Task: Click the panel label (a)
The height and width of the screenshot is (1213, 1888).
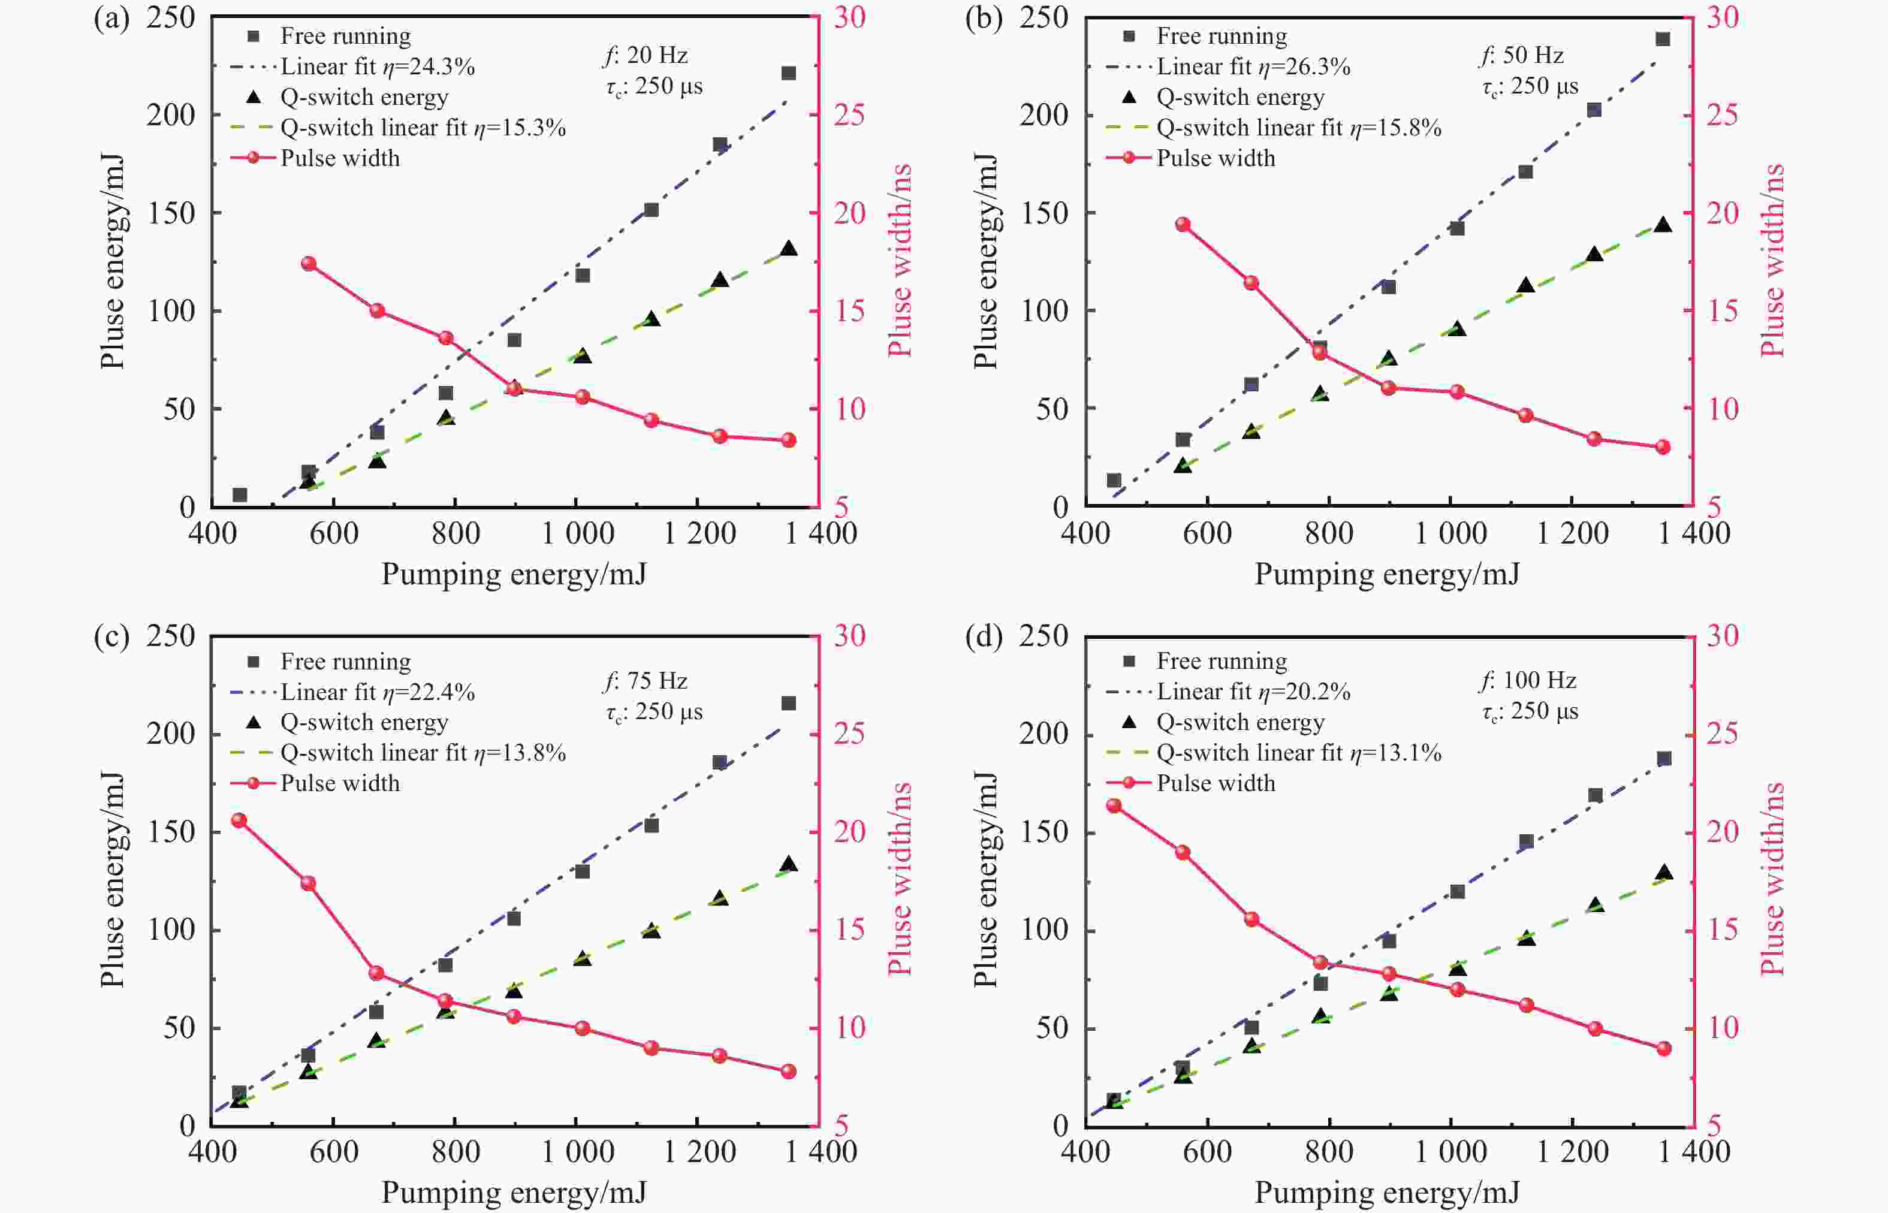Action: pyautogui.click(x=111, y=17)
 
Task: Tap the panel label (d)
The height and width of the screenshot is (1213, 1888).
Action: pyautogui.click(x=984, y=636)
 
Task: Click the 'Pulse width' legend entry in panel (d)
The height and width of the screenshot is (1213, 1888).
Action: pyautogui.click(x=1216, y=783)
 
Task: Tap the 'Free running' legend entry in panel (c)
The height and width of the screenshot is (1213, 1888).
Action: pyautogui.click(x=345, y=662)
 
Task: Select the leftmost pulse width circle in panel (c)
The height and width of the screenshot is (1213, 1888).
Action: pyautogui.click(x=239, y=820)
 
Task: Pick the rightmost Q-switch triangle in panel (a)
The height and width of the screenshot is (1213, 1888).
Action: pyautogui.click(x=788, y=249)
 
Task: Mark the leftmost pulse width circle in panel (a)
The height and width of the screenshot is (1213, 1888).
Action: pyautogui.click(x=309, y=264)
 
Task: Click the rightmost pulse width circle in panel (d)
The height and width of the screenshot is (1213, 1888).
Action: pyautogui.click(x=1663, y=1048)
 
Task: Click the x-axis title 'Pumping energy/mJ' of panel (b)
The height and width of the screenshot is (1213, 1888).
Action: pyautogui.click(x=1386, y=574)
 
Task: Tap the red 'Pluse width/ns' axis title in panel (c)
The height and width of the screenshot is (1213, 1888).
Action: pyautogui.click(x=900, y=878)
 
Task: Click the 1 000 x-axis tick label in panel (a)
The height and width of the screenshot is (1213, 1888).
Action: pyautogui.click(x=577, y=534)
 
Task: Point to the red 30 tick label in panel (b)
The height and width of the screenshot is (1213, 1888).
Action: pyautogui.click(x=1723, y=17)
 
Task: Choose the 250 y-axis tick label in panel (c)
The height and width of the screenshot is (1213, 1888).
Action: pyautogui.click(x=170, y=636)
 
